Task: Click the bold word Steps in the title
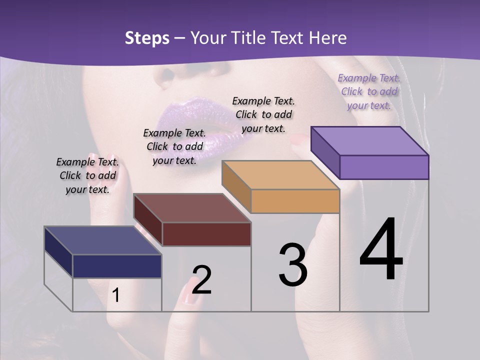tap(147, 38)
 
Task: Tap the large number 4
tap(381, 250)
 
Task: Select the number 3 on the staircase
tap(292, 265)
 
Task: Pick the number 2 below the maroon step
tap(201, 280)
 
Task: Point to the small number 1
tap(116, 295)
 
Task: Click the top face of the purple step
tap(370, 140)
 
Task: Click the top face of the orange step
tap(280, 175)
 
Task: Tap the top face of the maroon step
tap(192, 208)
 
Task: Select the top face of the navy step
tap(103, 240)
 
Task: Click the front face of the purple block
tap(384, 167)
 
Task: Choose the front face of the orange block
tap(295, 201)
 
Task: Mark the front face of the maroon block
tap(206, 234)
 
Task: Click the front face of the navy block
tap(117, 266)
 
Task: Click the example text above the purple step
tap(369, 91)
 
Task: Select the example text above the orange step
tap(263, 114)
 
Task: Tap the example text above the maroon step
tap(174, 146)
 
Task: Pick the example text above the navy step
tap(87, 175)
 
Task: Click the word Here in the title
tap(328, 38)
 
